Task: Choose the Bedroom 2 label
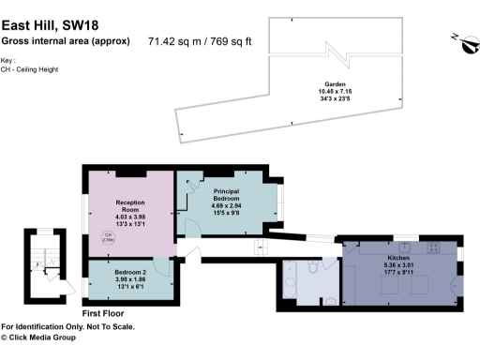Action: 130,271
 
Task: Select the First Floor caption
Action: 103,312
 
